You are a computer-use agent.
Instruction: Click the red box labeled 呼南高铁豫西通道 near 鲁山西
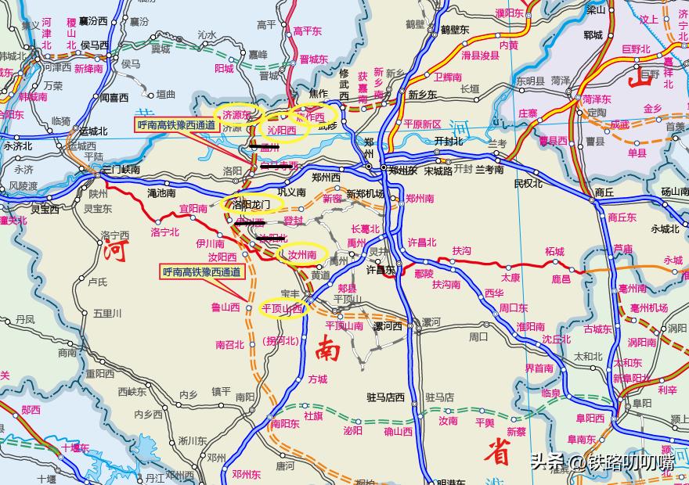pyautogui.click(x=202, y=272)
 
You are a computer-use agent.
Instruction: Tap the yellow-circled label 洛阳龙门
pyautogui.click(x=251, y=204)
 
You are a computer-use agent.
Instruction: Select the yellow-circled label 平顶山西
pyautogui.click(x=282, y=308)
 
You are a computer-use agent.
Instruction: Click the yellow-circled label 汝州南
pyautogui.click(x=301, y=255)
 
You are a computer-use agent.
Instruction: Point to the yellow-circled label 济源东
pyautogui.click(x=236, y=114)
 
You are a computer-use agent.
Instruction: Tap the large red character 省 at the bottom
pyautogui.click(x=497, y=451)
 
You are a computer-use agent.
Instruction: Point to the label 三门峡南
pyautogui.click(x=121, y=170)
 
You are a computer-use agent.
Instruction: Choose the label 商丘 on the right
pyautogui.click(x=604, y=192)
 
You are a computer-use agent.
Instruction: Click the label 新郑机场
pyautogui.click(x=365, y=194)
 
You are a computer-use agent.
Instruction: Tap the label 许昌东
pyautogui.click(x=381, y=270)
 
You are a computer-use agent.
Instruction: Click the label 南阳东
pyautogui.click(x=286, y=423)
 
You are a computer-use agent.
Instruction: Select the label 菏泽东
pyautogui.click(x=596, y=99)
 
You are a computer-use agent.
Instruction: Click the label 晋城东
pyautogui.click(x=313, y=59)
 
